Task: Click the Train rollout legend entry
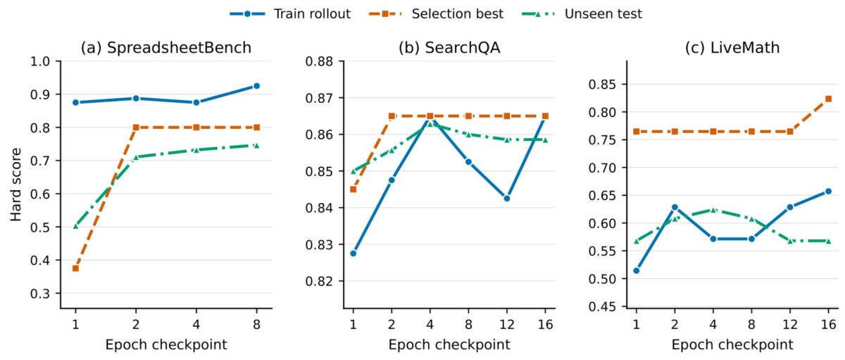point(290,14)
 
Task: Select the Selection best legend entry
point(436,14)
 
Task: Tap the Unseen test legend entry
point(582,14)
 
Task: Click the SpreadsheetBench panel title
point(166,48)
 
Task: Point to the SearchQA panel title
point(449,48)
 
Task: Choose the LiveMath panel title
point(732,48)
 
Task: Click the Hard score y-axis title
point(15,185)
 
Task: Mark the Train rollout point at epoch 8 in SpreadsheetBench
point(256,86)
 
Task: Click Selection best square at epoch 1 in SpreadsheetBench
point(75,268)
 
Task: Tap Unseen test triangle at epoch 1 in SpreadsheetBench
point(75,226)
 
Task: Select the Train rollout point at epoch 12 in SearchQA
point(506,198)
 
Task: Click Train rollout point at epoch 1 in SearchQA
point(353,253)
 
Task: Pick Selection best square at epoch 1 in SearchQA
point(353,189)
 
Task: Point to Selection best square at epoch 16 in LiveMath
point(828,99)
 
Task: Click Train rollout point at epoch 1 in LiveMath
point(637,271)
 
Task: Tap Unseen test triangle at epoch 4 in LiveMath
point(713,210)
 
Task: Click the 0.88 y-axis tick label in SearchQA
point(320,61)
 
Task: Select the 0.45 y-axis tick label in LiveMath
point(603,306)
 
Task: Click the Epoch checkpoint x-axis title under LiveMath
point(732,345)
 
